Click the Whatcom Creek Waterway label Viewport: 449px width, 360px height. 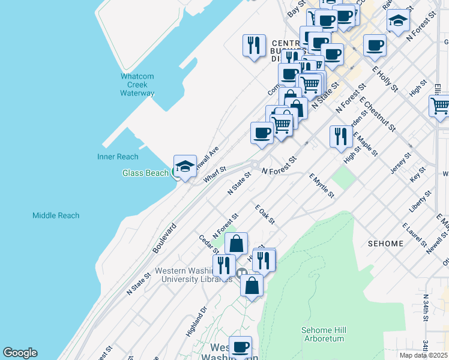tap(137, 85)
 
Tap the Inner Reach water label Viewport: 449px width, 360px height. tap(118, 157)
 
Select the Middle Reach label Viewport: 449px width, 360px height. tap(56, 215)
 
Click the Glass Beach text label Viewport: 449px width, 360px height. tap(145, 173)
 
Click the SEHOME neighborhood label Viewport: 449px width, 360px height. tap(385, 243)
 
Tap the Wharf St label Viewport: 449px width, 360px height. tap(214, 173)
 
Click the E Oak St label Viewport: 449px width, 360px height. tap(264, 214)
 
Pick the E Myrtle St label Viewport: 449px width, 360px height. tap(321, 186)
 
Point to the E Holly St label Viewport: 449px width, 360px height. tap(385, 79)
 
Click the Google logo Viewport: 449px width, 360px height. tap(20, 353)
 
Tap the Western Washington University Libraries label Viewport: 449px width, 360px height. tap(194, 274)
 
